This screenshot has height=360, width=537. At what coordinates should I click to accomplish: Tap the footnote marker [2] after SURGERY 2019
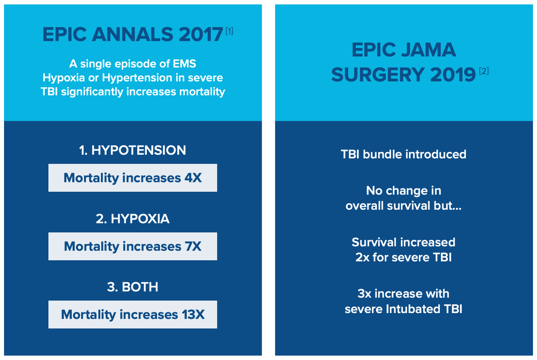[x=483, y=71]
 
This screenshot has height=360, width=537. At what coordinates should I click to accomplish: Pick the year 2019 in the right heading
[x=453, y=75]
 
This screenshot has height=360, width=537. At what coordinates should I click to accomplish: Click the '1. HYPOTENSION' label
[x=132, y=150]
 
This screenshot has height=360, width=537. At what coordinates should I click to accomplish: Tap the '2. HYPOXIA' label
[x=132, y=219]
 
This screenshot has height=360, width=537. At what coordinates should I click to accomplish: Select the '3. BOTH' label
[x=132, y=287]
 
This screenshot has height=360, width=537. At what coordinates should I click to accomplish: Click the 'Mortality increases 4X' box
[x=132, y=178]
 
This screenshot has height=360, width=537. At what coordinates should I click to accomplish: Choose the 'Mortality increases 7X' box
[x=132, y=246]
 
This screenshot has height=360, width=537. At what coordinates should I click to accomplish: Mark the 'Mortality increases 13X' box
[x=132, y=315]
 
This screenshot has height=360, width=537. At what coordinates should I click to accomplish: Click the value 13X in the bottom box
[x=193, y=315]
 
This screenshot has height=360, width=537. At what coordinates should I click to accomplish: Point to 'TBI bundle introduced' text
[x=403, y=154]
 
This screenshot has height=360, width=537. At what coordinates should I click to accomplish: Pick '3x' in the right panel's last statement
[x=365, y=294]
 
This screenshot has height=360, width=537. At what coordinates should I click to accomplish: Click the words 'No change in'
[x=403, y=191]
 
